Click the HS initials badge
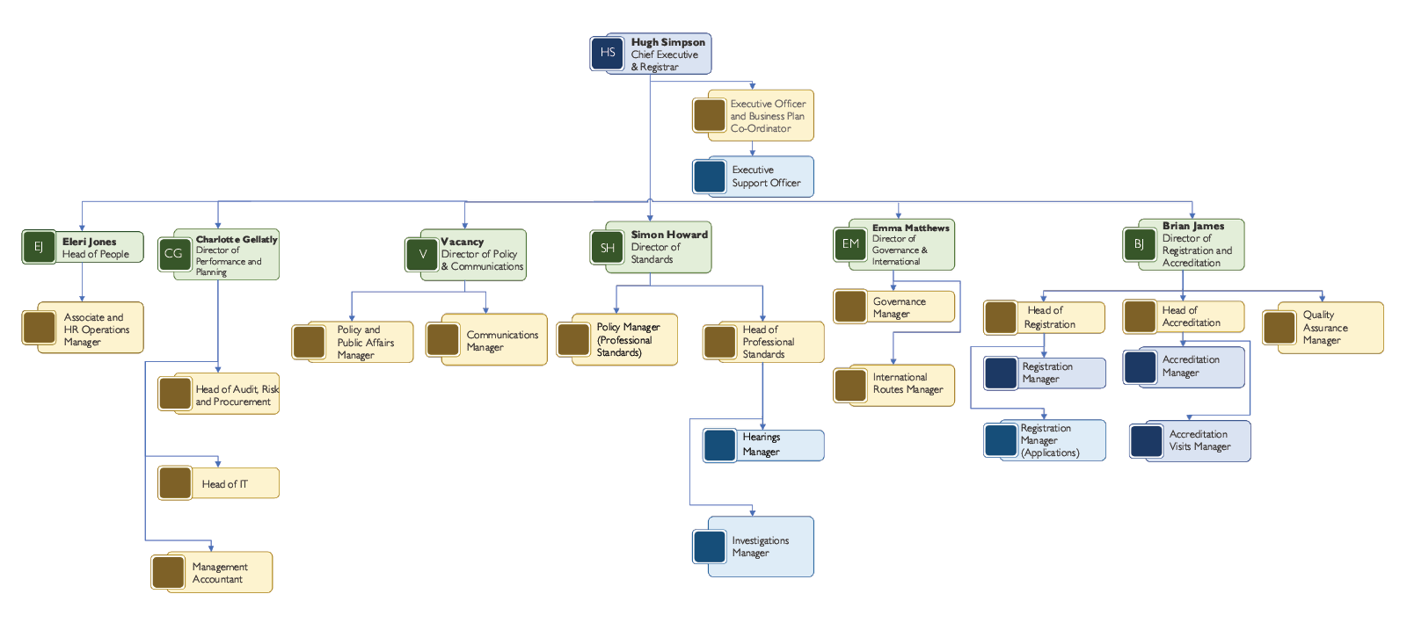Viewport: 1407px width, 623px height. pyautogui.click(x=607, y=53)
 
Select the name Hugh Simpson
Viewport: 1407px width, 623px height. pyautogui.click(x=667, y=42)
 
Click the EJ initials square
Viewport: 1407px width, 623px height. pyautogui.click(x=39, y=247)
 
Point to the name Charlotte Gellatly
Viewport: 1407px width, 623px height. pyautogui.click(x=237, y=239)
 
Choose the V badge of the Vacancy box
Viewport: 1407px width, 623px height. pyautogui.click(x=422, y=254)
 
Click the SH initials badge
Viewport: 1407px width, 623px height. pyautogui.click(x=607, y=248)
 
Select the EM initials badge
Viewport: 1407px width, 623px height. pyautogui.click(x=850, y=244)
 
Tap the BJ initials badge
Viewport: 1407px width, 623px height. pyautogui.click(x=1139, y=244)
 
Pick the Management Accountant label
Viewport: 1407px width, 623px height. pyautogui.click(x=220, y=573)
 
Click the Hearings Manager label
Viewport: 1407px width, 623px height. pyautogui.click(x=762, y=445)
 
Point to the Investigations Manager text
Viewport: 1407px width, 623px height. pyautogui.click(x=760, y=547)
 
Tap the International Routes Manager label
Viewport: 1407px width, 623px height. pyautogui.click(x=908, y=383)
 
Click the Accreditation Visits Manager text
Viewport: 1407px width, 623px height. pyautogui.click(x=1199, y=440)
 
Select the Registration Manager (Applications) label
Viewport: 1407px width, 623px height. pyautogui.click(x=1050, y=440)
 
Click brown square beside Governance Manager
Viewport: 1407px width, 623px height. pyautogui.click(x=850, y=307)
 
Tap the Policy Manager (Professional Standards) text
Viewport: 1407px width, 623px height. pyautogui.click(x=628, y=339)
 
